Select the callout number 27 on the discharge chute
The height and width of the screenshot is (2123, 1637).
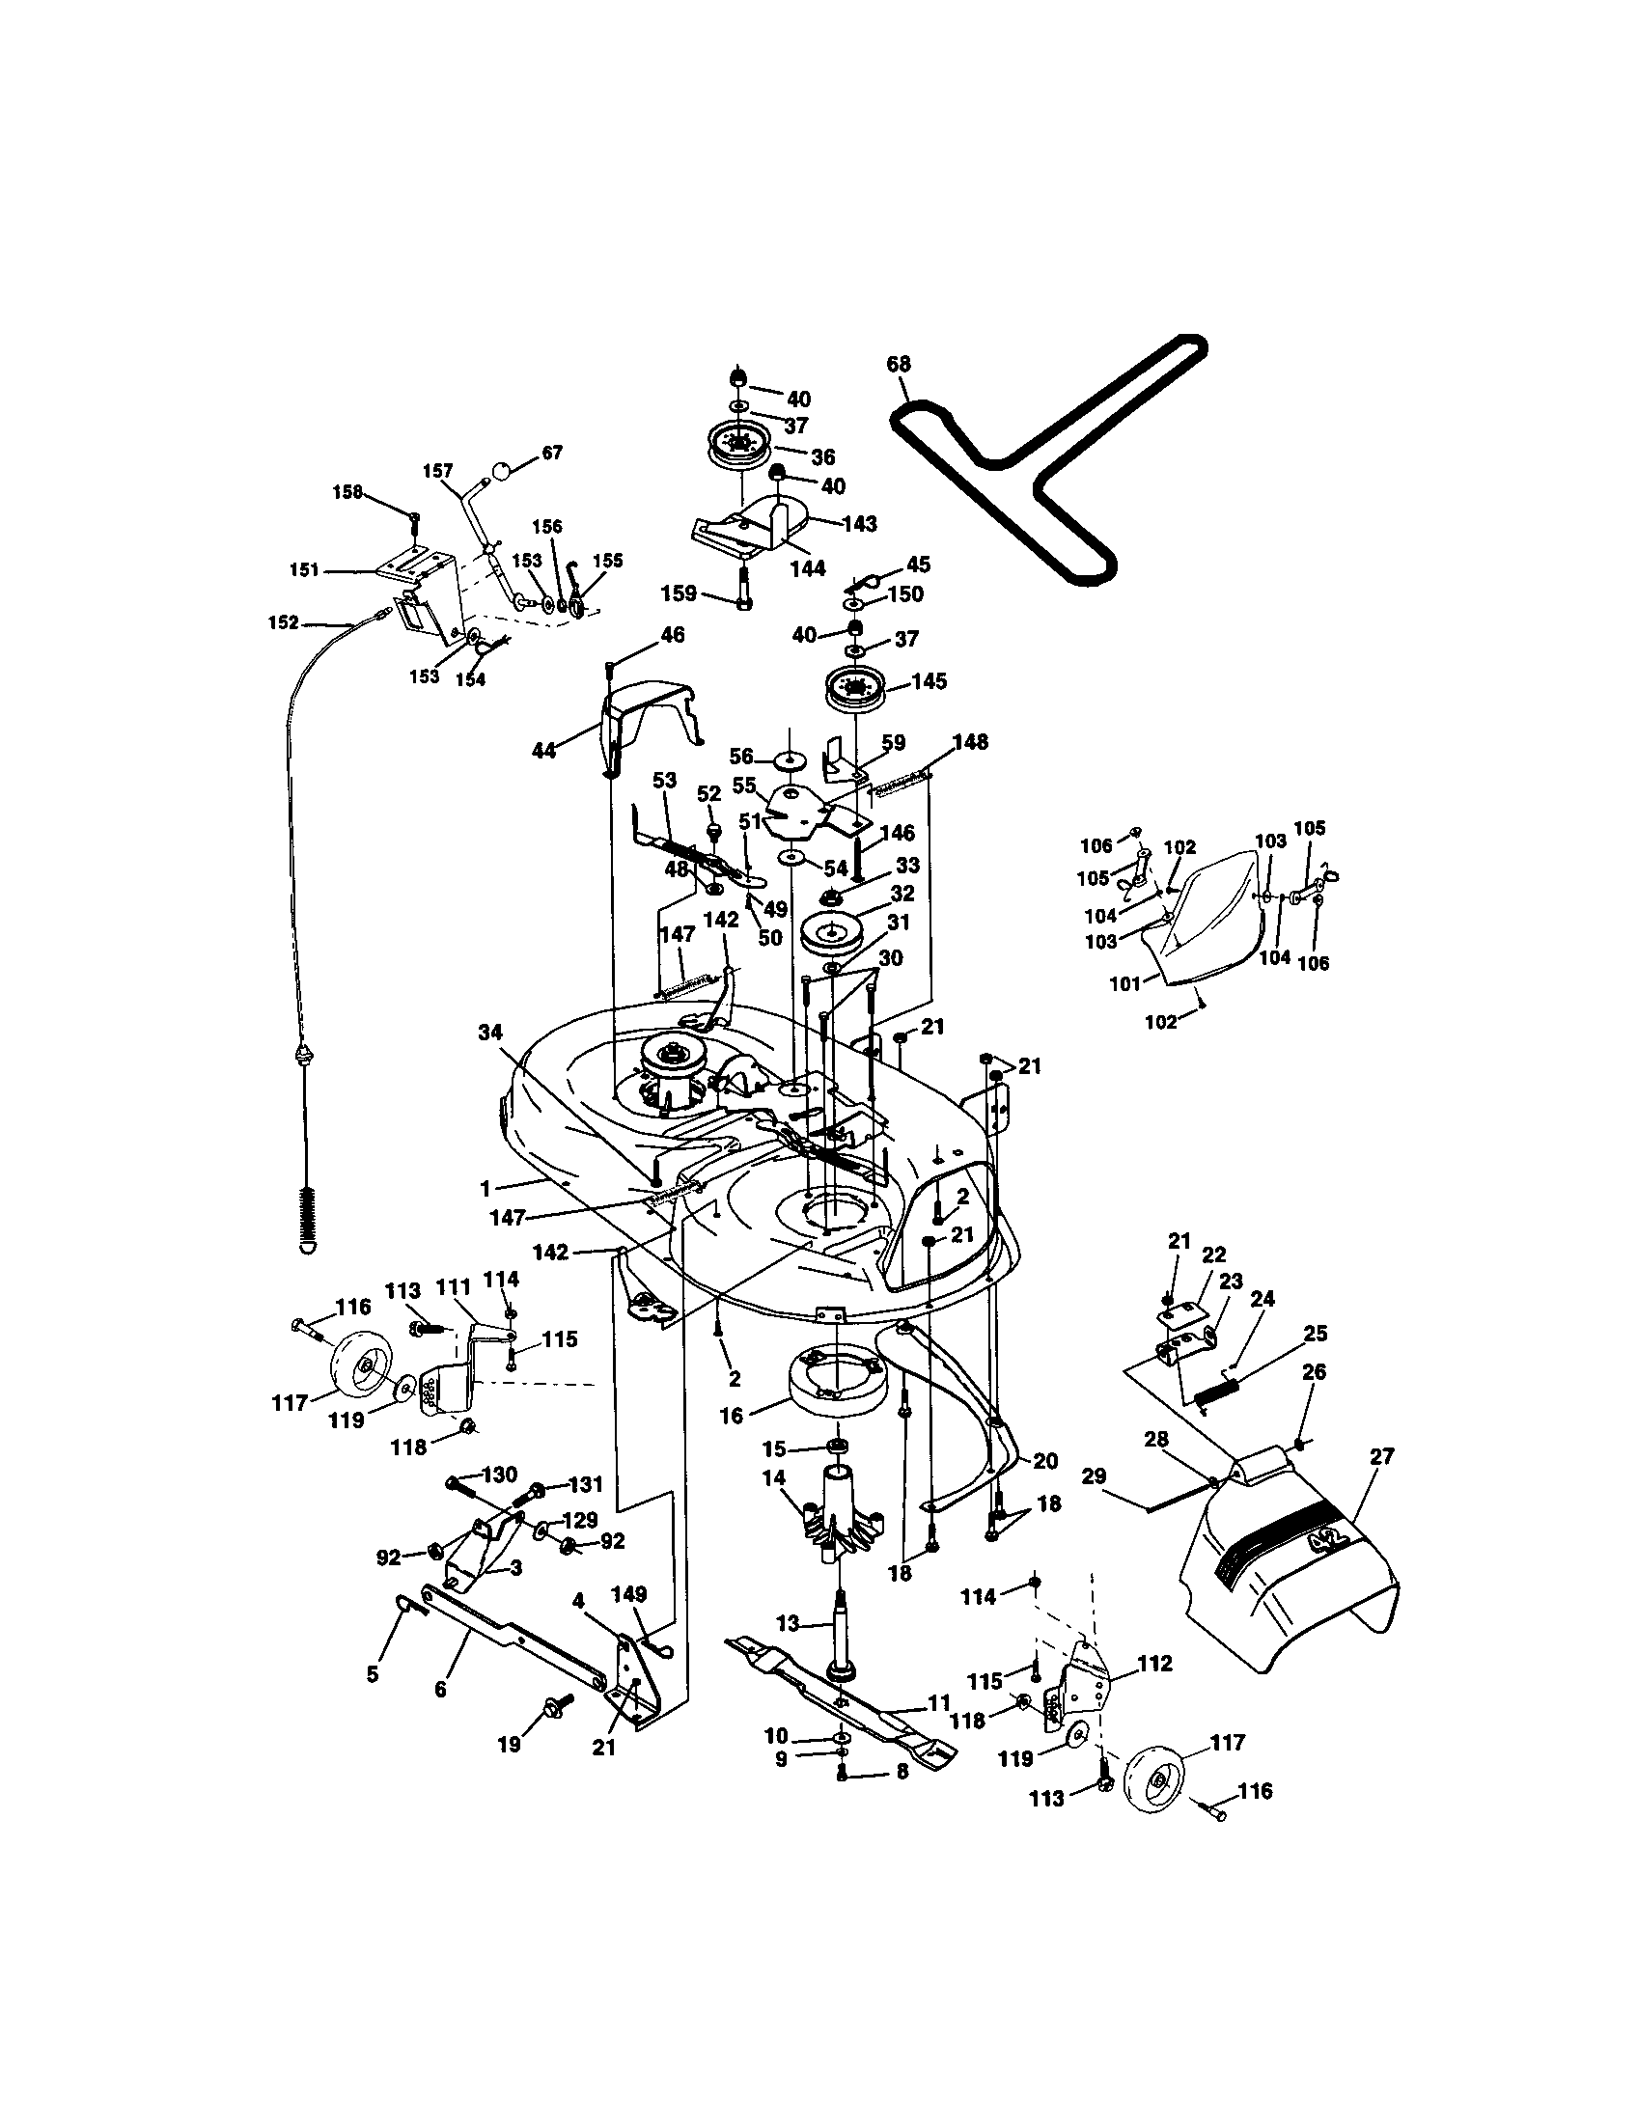click(1381, 1456)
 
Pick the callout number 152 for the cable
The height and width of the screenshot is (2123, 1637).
click(283, 622)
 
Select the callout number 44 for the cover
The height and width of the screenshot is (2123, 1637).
click(543, 750)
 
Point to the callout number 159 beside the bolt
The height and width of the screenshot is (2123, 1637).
click(679, 593)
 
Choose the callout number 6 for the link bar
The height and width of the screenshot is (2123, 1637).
click(440, 1690)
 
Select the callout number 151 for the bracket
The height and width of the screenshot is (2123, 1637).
click(304, 570)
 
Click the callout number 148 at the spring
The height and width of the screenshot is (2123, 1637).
click(969, 743)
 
